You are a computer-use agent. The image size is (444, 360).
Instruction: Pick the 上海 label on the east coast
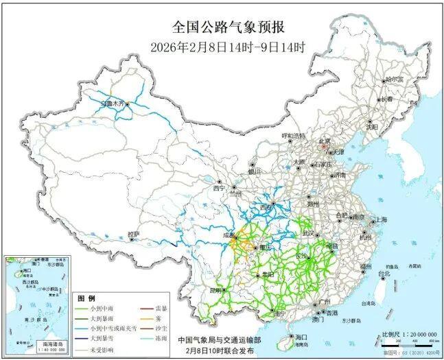[379, 219]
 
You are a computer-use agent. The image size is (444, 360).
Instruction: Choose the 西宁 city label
[219, 188]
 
